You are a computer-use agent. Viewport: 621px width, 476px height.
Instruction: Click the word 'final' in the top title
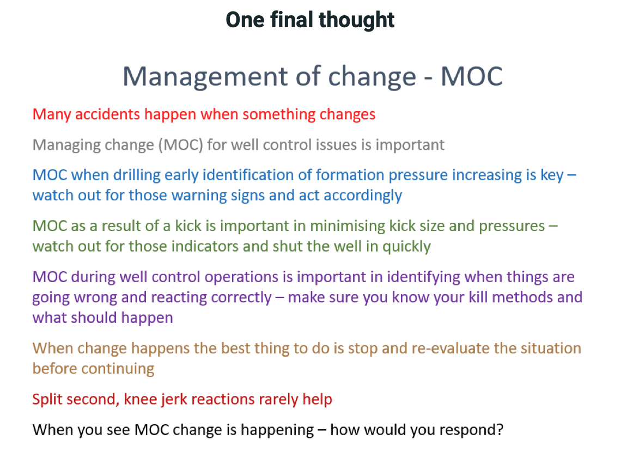coord(293,20)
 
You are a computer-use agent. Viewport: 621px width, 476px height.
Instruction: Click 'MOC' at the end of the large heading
coord(472,76)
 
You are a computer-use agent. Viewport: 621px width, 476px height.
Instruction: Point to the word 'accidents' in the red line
coord(108,114)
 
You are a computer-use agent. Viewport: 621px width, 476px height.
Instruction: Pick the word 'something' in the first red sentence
coord(279,115)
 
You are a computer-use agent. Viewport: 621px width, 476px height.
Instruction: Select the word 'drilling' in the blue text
coord(137,175)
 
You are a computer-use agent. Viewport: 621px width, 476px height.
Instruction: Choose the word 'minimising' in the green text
coord(348,226)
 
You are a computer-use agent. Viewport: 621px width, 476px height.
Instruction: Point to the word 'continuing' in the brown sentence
coord(118,369)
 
